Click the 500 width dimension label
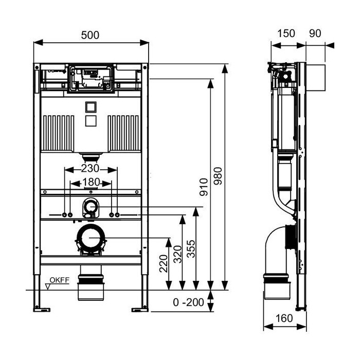90,35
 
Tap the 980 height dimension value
218,176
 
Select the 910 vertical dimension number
204,187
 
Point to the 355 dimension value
191,248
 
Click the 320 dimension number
177,254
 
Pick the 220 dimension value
164,263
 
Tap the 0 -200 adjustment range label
189,302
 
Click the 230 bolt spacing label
90,169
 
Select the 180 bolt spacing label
91,182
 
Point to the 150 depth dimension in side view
286,33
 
